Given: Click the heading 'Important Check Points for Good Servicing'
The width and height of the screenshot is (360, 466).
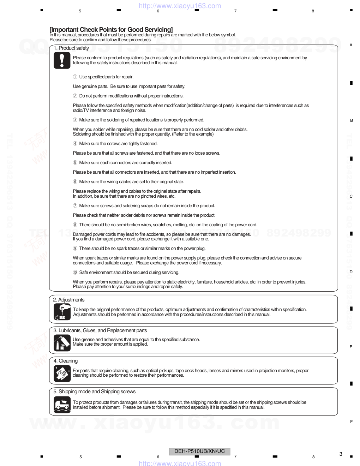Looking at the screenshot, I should tap(111, 30).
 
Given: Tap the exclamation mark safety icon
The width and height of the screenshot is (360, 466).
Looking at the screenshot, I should tap(62, 60).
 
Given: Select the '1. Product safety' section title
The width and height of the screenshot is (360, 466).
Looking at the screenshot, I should tap(71, 48).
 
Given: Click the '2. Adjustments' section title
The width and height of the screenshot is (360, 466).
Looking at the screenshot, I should tap(69, 300).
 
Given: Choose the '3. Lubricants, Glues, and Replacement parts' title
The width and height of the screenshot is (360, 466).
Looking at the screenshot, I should tap(100, 330).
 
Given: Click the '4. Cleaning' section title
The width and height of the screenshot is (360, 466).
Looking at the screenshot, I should tap(66, 361).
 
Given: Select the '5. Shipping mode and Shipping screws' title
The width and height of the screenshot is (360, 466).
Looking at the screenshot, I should tap(95, 392).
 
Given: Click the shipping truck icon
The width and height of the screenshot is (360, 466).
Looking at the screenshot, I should tap(62, 405).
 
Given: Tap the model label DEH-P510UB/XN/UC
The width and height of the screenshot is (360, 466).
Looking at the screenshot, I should tap(199, 451).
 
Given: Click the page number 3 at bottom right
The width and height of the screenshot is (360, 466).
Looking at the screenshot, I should tap(341, 454).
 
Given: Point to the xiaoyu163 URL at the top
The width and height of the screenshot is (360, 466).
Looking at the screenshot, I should tap(180, 6).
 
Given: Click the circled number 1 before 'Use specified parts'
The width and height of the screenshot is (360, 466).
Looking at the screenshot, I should tap(75, 77).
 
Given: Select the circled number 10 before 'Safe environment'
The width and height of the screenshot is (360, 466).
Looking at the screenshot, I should tap(75, 273).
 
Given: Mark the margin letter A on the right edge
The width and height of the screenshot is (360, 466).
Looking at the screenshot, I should tap(351, 45).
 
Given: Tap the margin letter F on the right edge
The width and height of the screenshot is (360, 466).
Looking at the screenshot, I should tap(351, 422).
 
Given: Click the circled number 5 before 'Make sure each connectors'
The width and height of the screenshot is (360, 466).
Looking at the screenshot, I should tap(75, 163).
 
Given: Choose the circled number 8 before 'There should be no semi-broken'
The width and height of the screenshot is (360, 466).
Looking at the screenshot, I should tap(75, 225).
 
